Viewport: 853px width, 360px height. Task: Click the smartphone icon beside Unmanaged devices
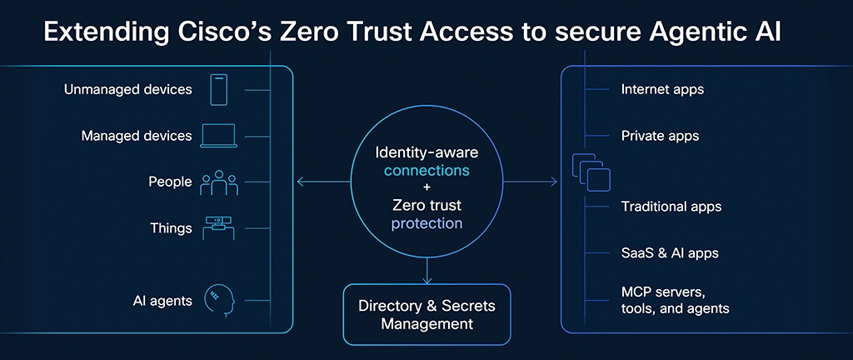point(218,89)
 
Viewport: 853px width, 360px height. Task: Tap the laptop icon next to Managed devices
point(218,135)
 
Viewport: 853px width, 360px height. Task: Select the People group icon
point(218,182)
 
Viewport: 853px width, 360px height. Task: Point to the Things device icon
point(218,227)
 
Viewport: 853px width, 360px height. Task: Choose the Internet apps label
point(663,89)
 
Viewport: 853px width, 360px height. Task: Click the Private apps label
point(660,135)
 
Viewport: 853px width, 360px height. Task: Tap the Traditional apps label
point(671,206)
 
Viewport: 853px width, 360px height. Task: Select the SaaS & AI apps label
point(670,252)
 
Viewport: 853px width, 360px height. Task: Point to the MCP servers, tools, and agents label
point(676,300)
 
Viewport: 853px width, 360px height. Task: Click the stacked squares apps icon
point(591,172)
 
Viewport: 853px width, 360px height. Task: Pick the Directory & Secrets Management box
point(426,314)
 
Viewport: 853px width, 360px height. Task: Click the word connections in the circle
point(426,171)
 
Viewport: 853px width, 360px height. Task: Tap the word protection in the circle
point(426,222)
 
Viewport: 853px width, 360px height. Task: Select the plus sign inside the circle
point(426,187)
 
